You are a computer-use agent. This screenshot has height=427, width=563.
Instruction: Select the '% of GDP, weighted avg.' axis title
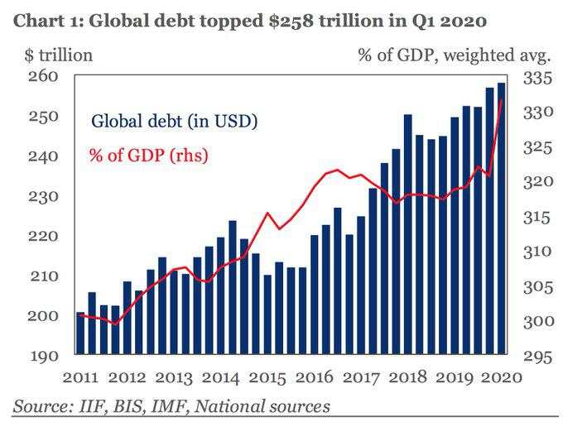point(455,55)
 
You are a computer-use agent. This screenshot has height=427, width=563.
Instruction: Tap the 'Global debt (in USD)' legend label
point(175,122)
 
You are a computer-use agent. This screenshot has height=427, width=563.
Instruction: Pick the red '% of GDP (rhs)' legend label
point(148,155)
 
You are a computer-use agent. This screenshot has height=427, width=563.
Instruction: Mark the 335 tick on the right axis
point(537,79)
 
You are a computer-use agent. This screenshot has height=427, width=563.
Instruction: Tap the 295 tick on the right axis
point(537,357)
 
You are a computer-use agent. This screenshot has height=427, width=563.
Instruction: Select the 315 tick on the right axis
point(537,218)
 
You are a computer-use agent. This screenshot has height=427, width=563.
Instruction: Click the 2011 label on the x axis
point(80,377)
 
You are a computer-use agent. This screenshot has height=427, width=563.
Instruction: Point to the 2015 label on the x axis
point(267,377)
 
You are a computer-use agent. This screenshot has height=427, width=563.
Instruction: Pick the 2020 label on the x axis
point(502,377)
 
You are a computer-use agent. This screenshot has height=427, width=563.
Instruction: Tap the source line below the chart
point(171,406)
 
